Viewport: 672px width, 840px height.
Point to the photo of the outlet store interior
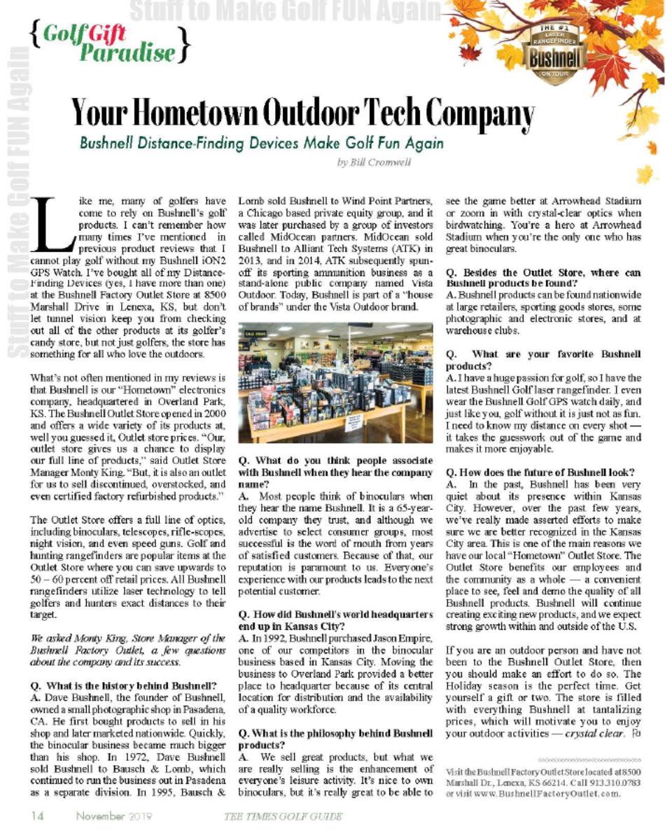335,382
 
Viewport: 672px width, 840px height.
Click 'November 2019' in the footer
115,815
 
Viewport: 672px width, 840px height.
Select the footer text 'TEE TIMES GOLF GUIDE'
283,816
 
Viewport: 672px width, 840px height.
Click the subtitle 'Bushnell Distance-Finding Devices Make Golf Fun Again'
261,143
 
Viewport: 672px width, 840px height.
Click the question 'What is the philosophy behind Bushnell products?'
335,738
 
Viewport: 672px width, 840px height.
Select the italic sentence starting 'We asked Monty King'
125,649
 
